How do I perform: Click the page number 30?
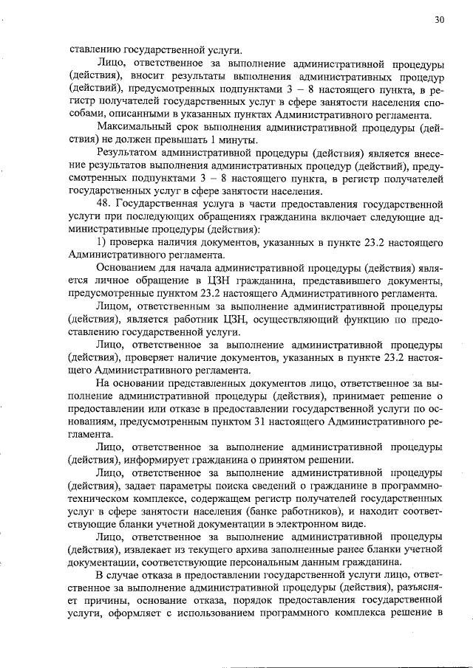[x=439, y=20]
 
